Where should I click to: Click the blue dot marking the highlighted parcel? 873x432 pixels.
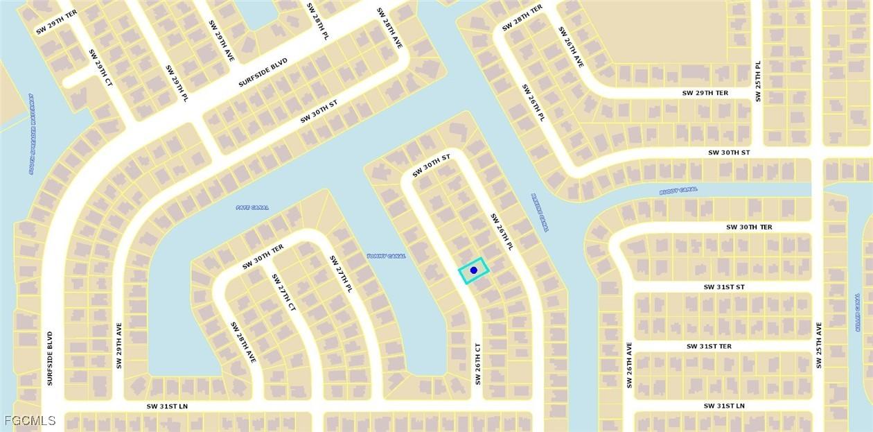(x=474, y=270)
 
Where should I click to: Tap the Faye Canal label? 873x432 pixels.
(x=252, y=207)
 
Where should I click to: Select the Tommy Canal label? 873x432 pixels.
(x=386, y=256)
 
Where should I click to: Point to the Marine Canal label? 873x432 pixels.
(x=540, y=212)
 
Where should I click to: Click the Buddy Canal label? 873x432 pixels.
(x=678, y=189)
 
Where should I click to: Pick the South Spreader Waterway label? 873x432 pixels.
(x=32, y=134)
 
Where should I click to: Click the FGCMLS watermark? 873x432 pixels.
(x=29, y=420)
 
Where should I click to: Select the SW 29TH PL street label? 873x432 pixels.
(x=177, y=84)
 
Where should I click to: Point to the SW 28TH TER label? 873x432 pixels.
(x=522, y=18)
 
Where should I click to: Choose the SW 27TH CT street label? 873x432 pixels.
(x=283, y=292)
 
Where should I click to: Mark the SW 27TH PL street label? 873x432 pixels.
(x=341, y=274)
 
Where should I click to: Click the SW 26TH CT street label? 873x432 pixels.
(x=477, y=363)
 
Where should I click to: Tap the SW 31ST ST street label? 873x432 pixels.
(x=724, y=286)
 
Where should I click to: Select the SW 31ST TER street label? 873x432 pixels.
(x=709, y=346)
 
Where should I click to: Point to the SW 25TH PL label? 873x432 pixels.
(x=758, y=81)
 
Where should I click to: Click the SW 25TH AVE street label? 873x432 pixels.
(x=818, y=345)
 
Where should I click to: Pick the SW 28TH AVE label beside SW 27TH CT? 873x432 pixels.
(x=243, y=342)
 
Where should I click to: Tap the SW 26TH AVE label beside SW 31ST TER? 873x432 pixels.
(x=630, y=364)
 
